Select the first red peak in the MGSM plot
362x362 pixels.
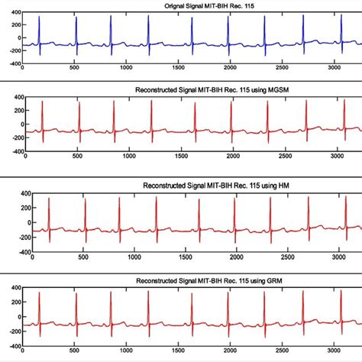coord(42,102)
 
